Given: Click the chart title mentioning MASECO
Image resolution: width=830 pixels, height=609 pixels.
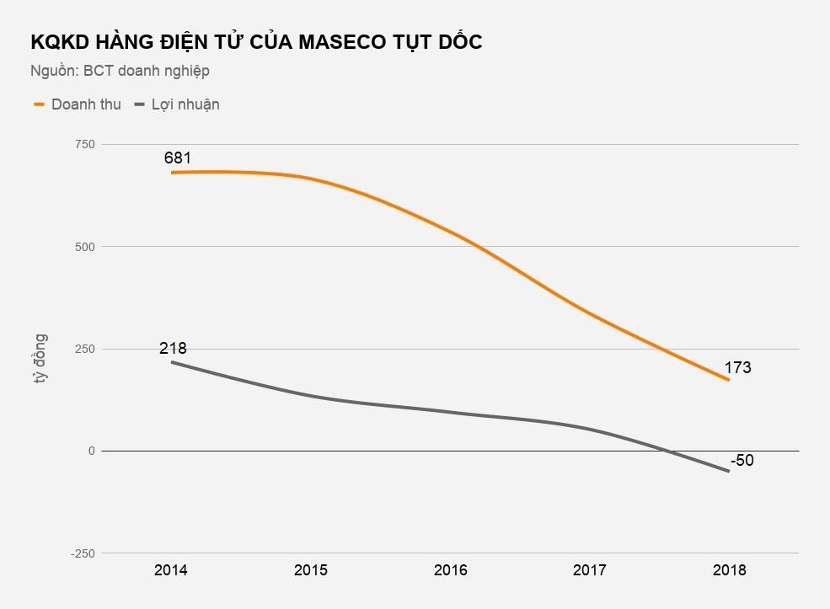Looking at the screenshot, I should pos(256,42).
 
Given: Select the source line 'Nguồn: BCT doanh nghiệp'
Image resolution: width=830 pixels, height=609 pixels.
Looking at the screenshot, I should pos(120,71).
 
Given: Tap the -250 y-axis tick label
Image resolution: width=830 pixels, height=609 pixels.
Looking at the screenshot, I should pos(83,553).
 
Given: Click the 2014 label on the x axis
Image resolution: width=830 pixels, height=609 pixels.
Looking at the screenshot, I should pos(171,570).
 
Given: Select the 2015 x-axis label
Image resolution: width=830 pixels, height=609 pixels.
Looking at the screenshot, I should pos(311,570).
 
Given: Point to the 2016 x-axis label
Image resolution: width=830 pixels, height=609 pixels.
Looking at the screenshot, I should pos(450,570).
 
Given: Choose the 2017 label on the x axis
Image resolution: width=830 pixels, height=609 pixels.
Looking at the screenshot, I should pos(590,570).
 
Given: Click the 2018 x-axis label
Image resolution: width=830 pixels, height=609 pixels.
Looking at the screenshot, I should pos(729,570).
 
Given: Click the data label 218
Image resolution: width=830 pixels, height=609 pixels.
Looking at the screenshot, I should pos(173,348).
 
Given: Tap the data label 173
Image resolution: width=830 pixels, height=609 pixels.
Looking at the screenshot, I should pos(737,368).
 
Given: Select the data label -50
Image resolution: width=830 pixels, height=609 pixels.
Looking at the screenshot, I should pos(742,461).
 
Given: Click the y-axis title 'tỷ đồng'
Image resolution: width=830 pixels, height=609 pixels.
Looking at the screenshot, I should pos(40,360).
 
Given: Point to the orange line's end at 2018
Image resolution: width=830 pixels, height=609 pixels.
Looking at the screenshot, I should pos(729,380).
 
